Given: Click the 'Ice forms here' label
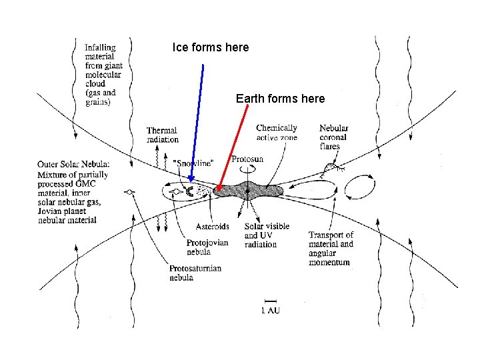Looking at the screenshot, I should pos(210,48).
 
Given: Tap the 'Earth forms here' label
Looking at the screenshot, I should pos(280,99).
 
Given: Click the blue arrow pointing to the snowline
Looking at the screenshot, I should pos(197,120).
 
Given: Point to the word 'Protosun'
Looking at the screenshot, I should pos(248,159).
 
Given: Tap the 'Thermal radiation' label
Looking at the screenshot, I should pos(163,134).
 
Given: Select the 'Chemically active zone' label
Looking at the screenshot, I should pos(277,132).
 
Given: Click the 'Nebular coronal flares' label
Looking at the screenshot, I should pos(333,137).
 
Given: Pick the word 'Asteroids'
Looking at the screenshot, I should pos(213,227).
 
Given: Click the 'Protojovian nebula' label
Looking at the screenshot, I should pos(208,247).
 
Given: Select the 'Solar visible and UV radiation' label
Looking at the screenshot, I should pos(267,235).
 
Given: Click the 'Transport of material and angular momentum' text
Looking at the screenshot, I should pos(331,249).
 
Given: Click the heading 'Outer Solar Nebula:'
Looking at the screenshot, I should pos(75,164).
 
